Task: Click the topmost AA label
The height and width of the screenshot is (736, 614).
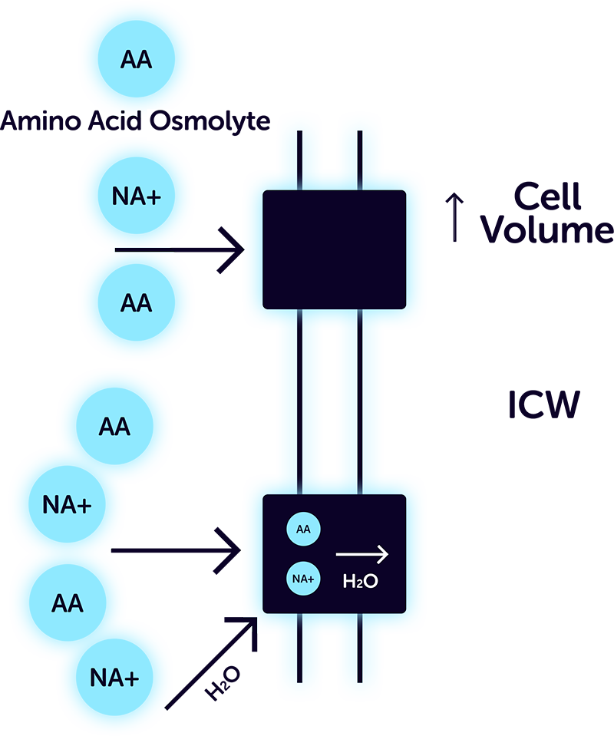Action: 137,60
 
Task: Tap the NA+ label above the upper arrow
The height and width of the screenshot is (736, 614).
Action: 137,197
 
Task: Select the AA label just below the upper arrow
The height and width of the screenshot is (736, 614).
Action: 137,303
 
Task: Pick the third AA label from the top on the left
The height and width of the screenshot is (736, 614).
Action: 114,427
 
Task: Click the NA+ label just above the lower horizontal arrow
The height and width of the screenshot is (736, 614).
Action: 68,505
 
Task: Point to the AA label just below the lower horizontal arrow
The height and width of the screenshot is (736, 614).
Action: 68,603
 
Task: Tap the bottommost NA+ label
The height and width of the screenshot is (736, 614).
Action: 115,678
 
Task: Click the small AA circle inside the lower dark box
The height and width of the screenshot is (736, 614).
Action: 303,530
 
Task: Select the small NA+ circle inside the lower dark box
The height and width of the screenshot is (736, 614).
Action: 303,579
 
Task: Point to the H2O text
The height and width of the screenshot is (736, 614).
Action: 360,582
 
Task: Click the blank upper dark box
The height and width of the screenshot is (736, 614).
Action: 334,249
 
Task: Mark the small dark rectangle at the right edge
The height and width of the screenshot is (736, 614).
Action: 535,416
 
